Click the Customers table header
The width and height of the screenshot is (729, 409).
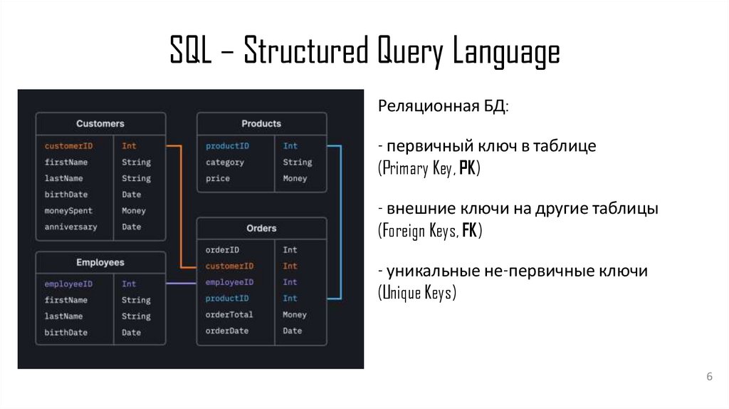[x=100, y=124]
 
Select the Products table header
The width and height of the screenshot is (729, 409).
[x=261, y=124]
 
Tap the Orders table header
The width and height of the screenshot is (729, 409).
[x=261, y=229]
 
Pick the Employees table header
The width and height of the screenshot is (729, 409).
[x=100, y=262]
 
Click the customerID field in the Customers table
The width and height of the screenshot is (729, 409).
[x=68, y=146]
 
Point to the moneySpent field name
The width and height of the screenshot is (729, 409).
[x=68, y=211]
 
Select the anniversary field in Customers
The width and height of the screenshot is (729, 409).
[x=70, y=227]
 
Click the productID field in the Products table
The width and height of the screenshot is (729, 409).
[x=227, y=146]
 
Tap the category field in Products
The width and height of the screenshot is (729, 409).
[x=225, y=162]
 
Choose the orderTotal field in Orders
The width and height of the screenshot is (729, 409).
[x=229, y=315]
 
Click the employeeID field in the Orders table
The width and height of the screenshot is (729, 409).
[x=229, y=282]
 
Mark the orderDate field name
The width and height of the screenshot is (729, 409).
[x=227, y=331]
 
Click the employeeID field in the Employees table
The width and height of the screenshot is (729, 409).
[x=68, y=284]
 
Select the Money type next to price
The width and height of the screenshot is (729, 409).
[x=295, y=179]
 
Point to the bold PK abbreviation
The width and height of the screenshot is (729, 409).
[x=468, y=169]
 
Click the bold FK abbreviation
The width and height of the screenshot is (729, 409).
[x=469, y=231]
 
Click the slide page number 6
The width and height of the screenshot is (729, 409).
[x=709, y=377]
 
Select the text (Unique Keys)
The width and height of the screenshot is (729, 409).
[x=416, y=293]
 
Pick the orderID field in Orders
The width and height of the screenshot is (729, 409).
[x=222, y=250]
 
